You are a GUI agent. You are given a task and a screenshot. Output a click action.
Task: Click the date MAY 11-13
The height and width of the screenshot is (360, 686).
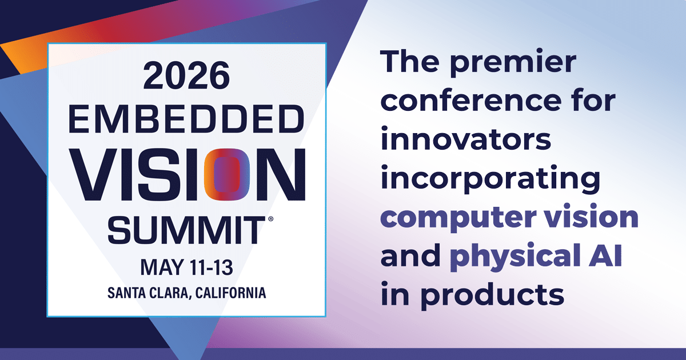coord(186,266)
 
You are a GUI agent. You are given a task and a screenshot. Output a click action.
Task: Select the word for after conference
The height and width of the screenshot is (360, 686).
coord(596,102)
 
